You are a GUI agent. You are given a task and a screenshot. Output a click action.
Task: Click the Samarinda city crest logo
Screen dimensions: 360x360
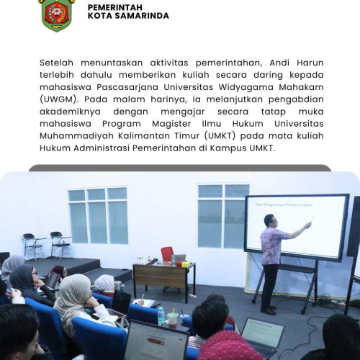[x=57, y=15]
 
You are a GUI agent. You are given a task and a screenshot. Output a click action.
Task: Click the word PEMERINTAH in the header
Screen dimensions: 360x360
[x=115, y=7]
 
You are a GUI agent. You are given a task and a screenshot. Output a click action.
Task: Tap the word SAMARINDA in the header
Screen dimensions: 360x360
[x=142, y=16]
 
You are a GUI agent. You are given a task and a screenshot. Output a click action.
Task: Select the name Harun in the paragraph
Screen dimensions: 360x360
[x=310, y=63]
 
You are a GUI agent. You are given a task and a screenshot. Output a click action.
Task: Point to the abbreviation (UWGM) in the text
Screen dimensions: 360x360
[x=59, y=99]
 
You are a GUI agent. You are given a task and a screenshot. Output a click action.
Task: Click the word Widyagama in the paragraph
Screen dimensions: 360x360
[x=246, y=87]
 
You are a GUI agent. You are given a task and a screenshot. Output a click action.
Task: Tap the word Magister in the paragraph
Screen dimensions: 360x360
[x=171, y=124]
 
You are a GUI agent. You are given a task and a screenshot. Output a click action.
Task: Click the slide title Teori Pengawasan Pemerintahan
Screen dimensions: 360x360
[x=284, y=205]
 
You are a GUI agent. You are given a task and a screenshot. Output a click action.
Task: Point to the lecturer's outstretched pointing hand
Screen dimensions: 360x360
[x=308, y=225]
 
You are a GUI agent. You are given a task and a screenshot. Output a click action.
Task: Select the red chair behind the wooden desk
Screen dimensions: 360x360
[x=167, y=254]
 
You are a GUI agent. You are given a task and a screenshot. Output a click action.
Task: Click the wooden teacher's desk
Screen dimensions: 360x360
[x=164, y=279]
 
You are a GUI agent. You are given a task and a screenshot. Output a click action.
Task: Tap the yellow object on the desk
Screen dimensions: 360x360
[x=186, y=264]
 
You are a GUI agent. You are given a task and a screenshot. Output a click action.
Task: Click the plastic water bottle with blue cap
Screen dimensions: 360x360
[x=161, y=316]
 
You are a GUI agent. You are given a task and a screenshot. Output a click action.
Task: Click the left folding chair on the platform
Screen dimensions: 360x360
[x=33, y=246]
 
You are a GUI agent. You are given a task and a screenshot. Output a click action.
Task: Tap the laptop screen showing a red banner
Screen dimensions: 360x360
[x=157, y=342]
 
